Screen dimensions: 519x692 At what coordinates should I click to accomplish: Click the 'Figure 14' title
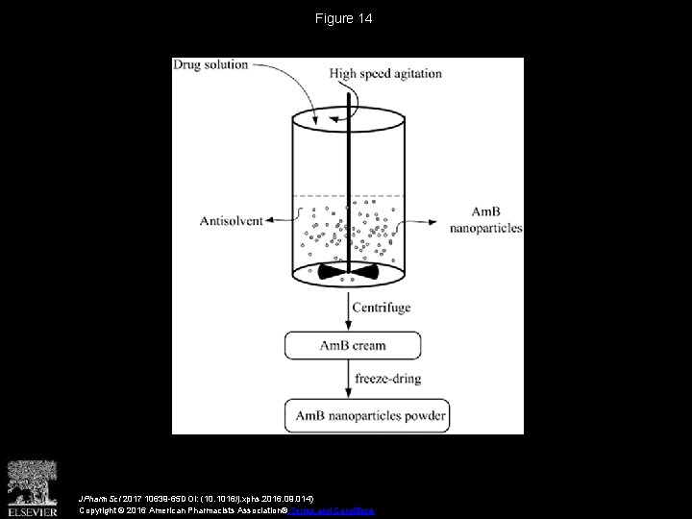click(344, 19)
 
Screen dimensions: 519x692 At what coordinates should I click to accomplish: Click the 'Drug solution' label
click(210, 65)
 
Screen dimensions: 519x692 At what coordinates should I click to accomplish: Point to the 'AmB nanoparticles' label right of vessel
click(485, 219)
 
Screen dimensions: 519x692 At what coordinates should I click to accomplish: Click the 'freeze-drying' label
click(387, 379)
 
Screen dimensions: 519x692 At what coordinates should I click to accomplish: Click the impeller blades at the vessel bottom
click(347, 274)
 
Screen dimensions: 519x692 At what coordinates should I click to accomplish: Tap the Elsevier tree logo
click(33, 479)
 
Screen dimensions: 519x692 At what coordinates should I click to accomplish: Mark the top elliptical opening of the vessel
click(347, 120)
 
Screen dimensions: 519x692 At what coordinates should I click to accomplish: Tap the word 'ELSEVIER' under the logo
click(33, 508)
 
